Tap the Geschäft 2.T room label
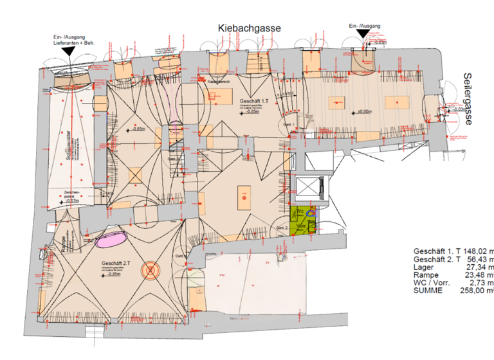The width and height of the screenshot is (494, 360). (x=116, y=264)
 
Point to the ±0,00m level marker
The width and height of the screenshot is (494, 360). (x=365, y=111)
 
